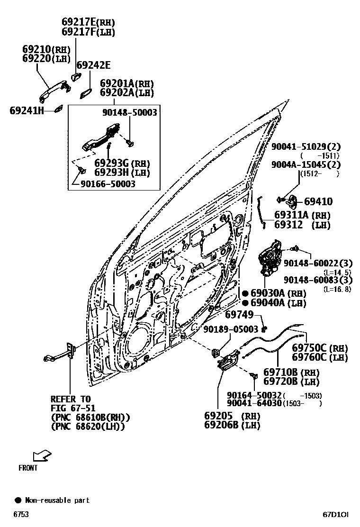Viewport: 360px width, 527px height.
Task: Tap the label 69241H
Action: (x=27, y=111)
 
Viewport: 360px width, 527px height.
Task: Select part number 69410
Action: (x=318, y=201)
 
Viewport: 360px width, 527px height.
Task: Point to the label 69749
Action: (x=240, y=315)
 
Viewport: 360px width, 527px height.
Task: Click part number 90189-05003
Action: (x=231, y=329)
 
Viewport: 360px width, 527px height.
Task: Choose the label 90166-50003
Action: (x=108, y=184)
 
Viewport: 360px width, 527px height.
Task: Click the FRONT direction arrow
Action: (x=41, y=456)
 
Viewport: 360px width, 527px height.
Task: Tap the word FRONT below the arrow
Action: (x=28, y=468)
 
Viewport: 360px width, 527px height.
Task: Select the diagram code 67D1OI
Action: (x=336, y=514)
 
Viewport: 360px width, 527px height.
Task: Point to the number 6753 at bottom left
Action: (x=20, y=514)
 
